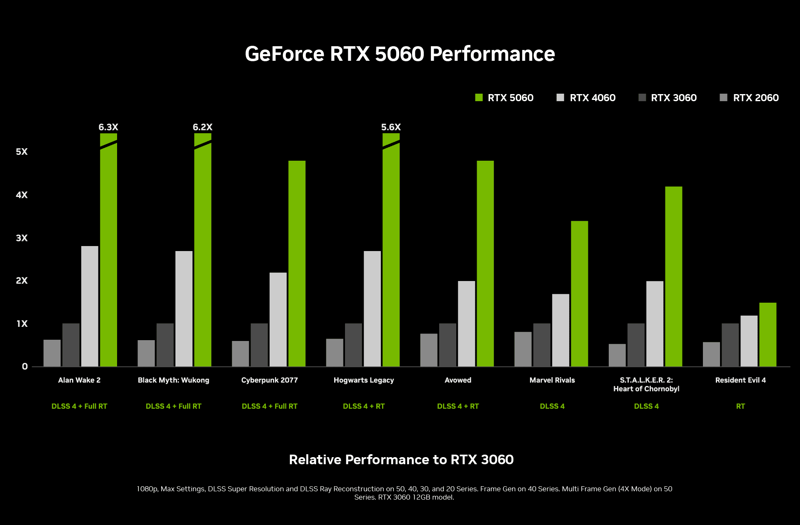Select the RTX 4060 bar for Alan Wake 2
[90, 306]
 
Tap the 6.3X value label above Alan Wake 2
[108, 127]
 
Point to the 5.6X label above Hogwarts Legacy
[391, 127]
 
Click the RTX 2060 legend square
[723, 97]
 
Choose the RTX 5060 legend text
[510, 98]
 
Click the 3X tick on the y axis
[22, 238]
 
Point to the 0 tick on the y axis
[25, 366]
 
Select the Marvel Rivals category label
[552, 380]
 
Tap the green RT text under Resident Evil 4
[740, 406]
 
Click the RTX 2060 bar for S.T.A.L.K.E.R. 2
[617, 355]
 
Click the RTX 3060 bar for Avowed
[447, 345]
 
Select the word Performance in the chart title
[492, 54]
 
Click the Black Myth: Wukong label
[173, 380]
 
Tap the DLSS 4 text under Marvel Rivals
[552, 406]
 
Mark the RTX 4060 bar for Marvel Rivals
[560, 330]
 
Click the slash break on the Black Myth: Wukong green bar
[203, 144]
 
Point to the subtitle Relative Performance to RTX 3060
[401, 460]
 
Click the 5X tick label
[22, 152]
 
